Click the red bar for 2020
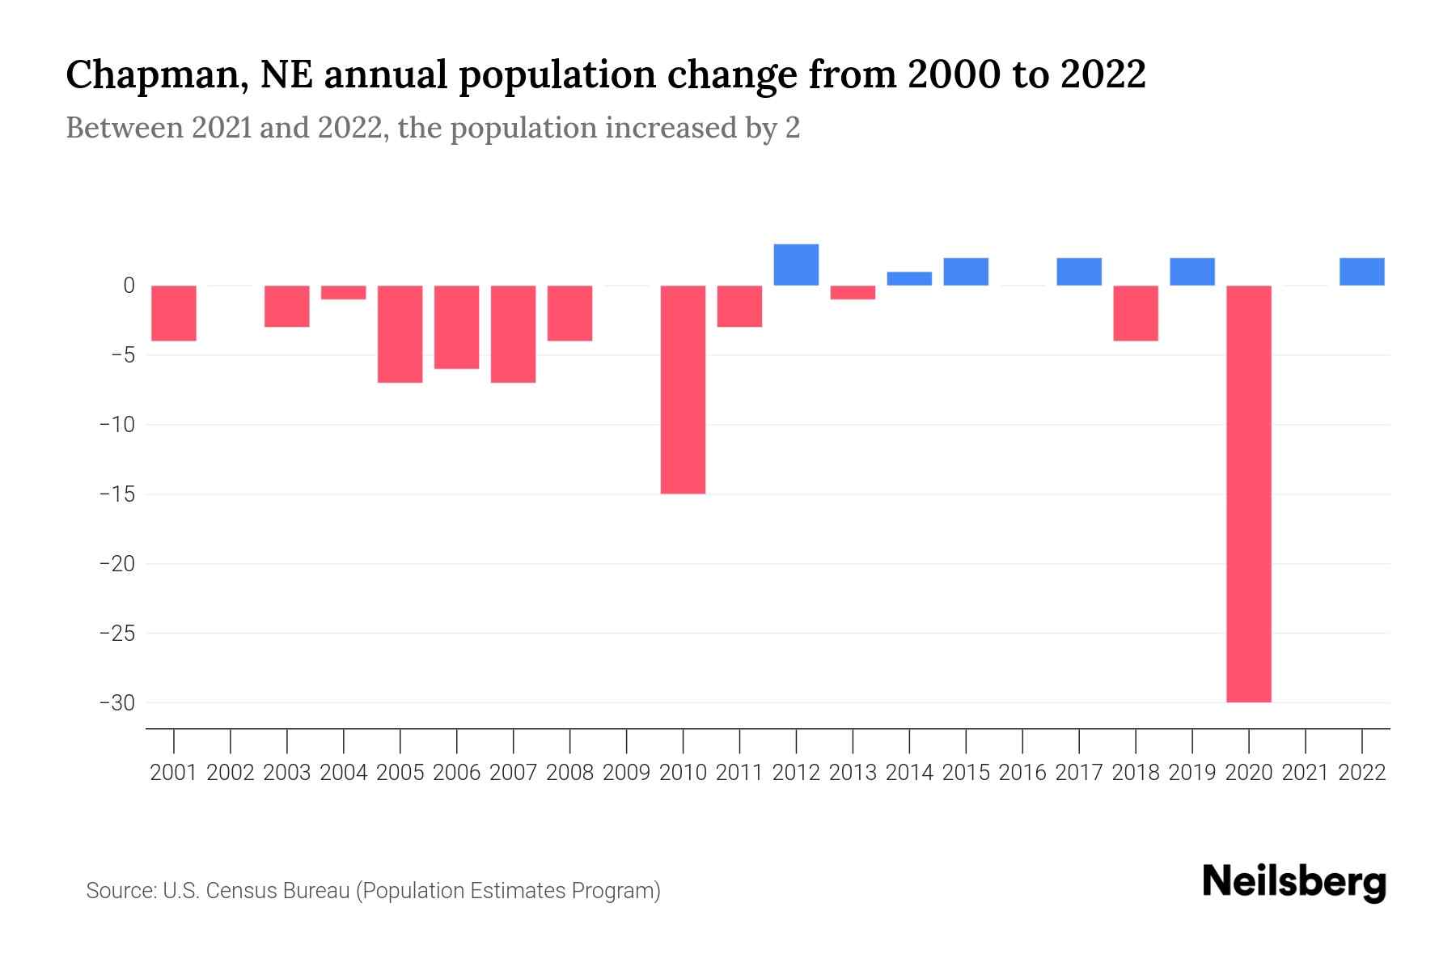pyautogui.click(x=1248, y=494)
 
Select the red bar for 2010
pyautogui.click(x=683, y=389)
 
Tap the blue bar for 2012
pyautogui.click(x=796, y=265)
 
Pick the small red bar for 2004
pyautogui.click(x=344, y=293)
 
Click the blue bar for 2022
pyautogui.click(x=1361, y=272)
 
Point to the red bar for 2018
pyautogui.click(x=1135, y=313)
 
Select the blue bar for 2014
pyautogui.click(x=909, y=278)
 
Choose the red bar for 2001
pyautogui.click(x=174, y=313)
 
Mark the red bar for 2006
pyautogui.click(x=456, y=327)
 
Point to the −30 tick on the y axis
pyautogui.click(x=116, y=702)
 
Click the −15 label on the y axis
pyautogui.click(x=116, y=494)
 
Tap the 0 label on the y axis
pyautogui.click(x=129, y=286)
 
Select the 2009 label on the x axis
pyautogui.click(x=626, y=773)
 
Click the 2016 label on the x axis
pyautogui.click(x=1022, y=773)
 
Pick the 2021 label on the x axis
pyautogui.click(x=1305, y=773)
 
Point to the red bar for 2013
pyautogui.click(x=853, y=293)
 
